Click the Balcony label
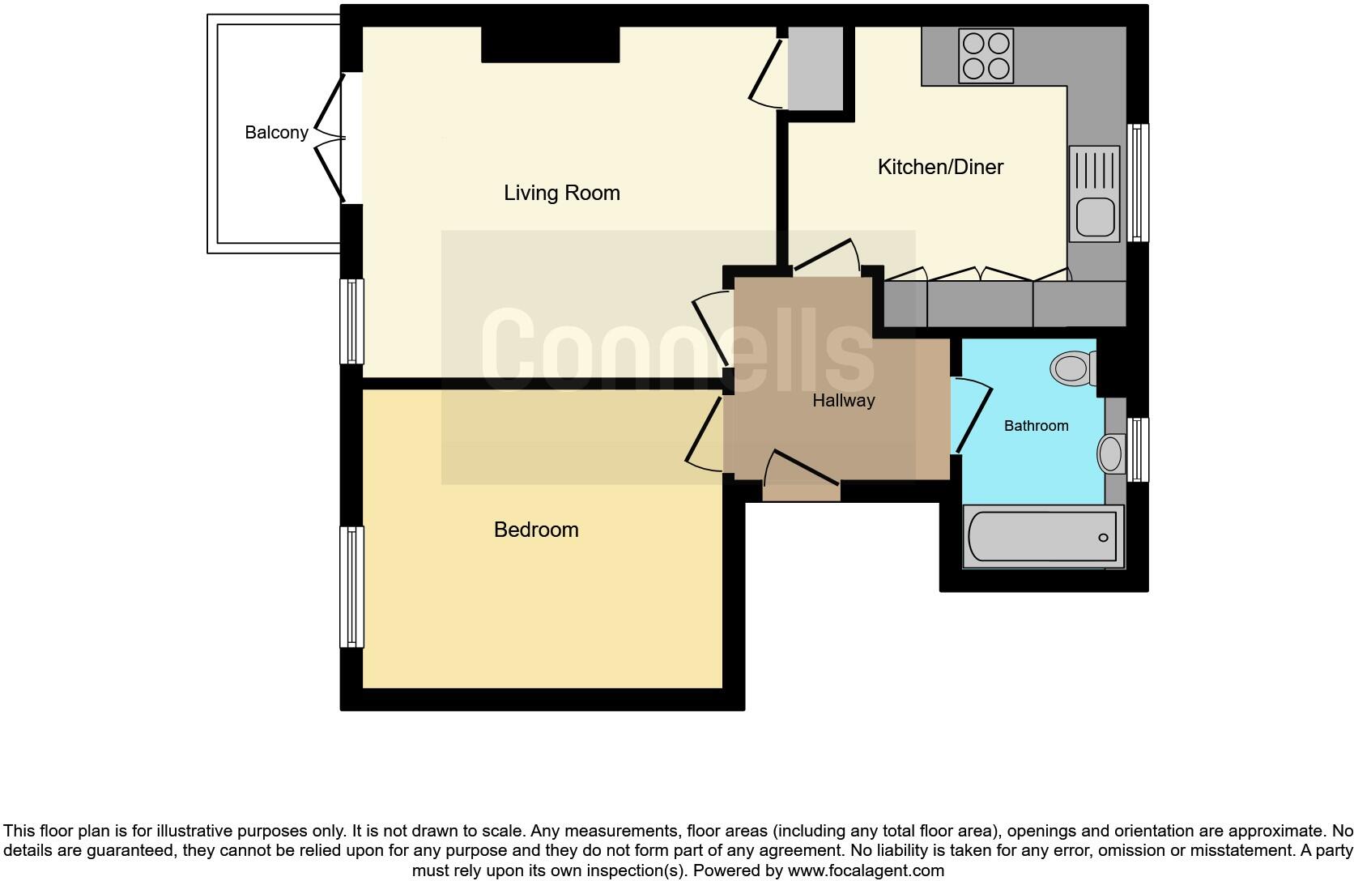tap(276, 133)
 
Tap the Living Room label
tap(561, 193)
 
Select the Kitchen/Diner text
tap(940, 167)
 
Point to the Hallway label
tap(843, 400)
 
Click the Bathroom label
tap(1036, 426)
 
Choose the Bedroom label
tap(536, 530)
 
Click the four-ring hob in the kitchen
tap(986, 56)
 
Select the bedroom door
tap(703, 433)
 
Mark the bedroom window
tap(351, 586)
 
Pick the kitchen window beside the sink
tap(1139, 183)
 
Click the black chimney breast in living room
tap(550, 45)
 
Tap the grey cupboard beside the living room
tap(815, 68)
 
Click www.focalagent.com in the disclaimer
tap(865, 871)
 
